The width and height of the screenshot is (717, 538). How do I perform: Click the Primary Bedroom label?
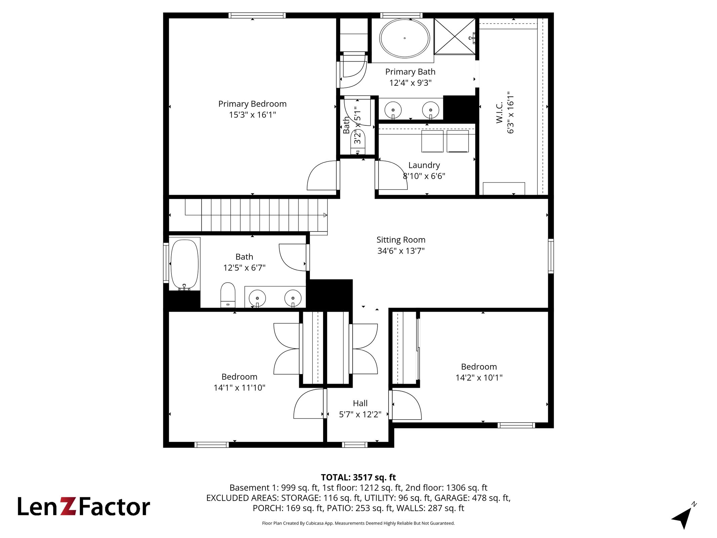click(252, 104)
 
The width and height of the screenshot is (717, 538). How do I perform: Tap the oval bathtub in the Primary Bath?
click(404, 38)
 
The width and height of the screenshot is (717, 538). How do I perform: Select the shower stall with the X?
click(455, 36)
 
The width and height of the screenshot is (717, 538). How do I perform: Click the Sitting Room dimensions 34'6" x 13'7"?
click(401, 251)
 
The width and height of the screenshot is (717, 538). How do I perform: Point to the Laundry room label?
click(424, 165)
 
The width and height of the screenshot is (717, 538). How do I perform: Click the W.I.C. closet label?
click(500, 112)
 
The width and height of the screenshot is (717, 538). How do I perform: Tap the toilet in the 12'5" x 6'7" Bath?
click(228, 295)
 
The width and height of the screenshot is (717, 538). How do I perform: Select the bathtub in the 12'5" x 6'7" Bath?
click(185, 264)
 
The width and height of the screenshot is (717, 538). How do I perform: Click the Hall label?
click(360, 403)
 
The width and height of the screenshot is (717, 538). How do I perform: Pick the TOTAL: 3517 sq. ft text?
click(358, 477)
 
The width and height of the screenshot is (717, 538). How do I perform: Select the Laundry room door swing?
click(397, 168)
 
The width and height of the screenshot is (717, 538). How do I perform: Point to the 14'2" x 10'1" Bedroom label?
click(479, 367)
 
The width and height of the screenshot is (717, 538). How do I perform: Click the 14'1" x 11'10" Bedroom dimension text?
click(239, 388)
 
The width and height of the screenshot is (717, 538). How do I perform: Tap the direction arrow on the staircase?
click(325, 215)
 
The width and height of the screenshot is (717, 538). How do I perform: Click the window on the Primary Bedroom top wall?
click(257, 15)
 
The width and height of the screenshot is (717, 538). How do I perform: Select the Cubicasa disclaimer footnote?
click(358, 523)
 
